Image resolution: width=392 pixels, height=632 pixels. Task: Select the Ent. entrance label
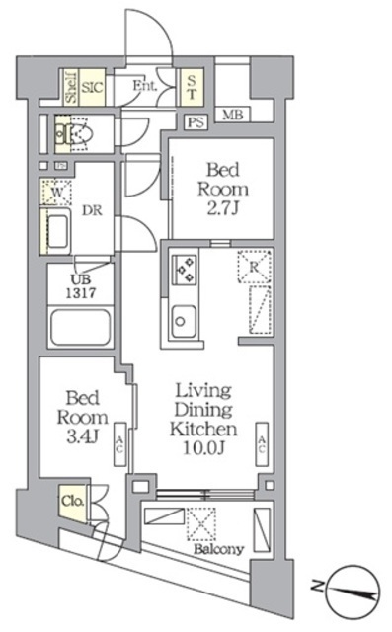coord(145,86)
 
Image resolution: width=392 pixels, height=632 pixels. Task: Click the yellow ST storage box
coord(193,88)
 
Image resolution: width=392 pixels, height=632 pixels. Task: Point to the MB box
coord(232,115)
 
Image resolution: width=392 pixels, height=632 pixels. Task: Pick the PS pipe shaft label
coord(196,122)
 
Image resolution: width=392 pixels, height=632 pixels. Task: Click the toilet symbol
coord(75,131)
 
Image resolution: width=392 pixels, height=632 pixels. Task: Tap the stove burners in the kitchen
coord(185,268)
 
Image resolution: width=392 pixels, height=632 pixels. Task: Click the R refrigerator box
coord(254,265)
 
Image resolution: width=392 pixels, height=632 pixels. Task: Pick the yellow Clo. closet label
coord(73,500)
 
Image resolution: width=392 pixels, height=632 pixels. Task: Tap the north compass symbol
coord(352,590)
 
